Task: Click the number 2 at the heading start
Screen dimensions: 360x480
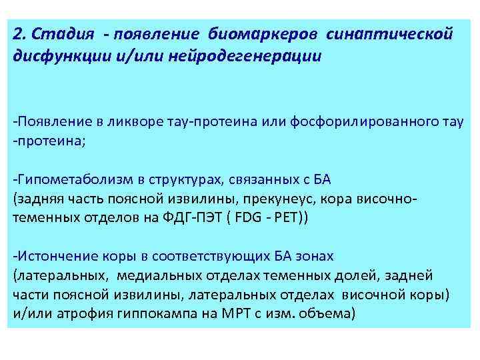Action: pyautogui.click(x=17, y=34)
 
